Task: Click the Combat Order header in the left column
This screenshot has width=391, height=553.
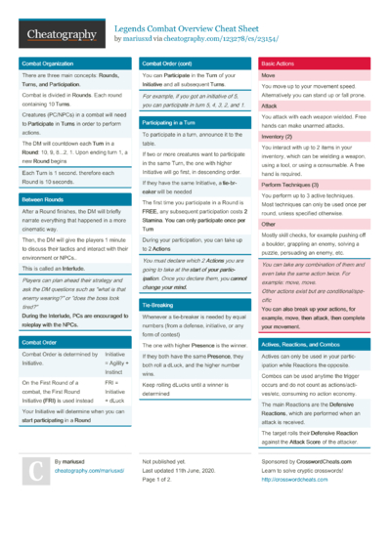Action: (39, 342)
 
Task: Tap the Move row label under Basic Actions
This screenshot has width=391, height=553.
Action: (268, 75)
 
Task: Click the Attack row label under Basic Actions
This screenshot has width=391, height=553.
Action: (269, 106)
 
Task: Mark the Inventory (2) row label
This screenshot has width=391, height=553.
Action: (277, 138)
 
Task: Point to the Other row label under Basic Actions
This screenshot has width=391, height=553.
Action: (269, 224)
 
